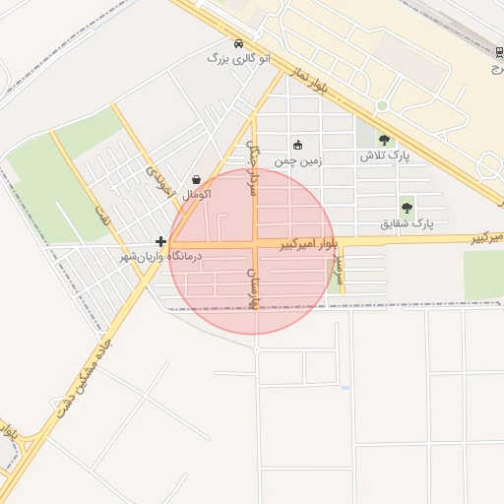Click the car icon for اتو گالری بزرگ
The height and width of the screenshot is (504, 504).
239,44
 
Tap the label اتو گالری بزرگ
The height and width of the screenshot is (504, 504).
231,59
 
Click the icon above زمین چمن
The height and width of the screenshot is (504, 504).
298,145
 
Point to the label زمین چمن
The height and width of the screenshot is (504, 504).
298,158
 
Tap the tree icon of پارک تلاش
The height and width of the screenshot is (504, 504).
384,141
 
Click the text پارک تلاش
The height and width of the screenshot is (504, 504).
384,157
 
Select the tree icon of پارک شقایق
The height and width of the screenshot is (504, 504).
407,208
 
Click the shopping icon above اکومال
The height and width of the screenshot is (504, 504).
198,180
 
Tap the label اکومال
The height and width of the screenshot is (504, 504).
197,194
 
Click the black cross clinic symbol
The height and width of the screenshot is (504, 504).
160,241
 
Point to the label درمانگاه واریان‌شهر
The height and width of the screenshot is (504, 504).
159,256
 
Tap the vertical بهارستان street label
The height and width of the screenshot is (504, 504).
253,286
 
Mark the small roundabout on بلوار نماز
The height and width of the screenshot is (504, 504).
382,105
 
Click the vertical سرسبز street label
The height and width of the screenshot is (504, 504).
340,266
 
